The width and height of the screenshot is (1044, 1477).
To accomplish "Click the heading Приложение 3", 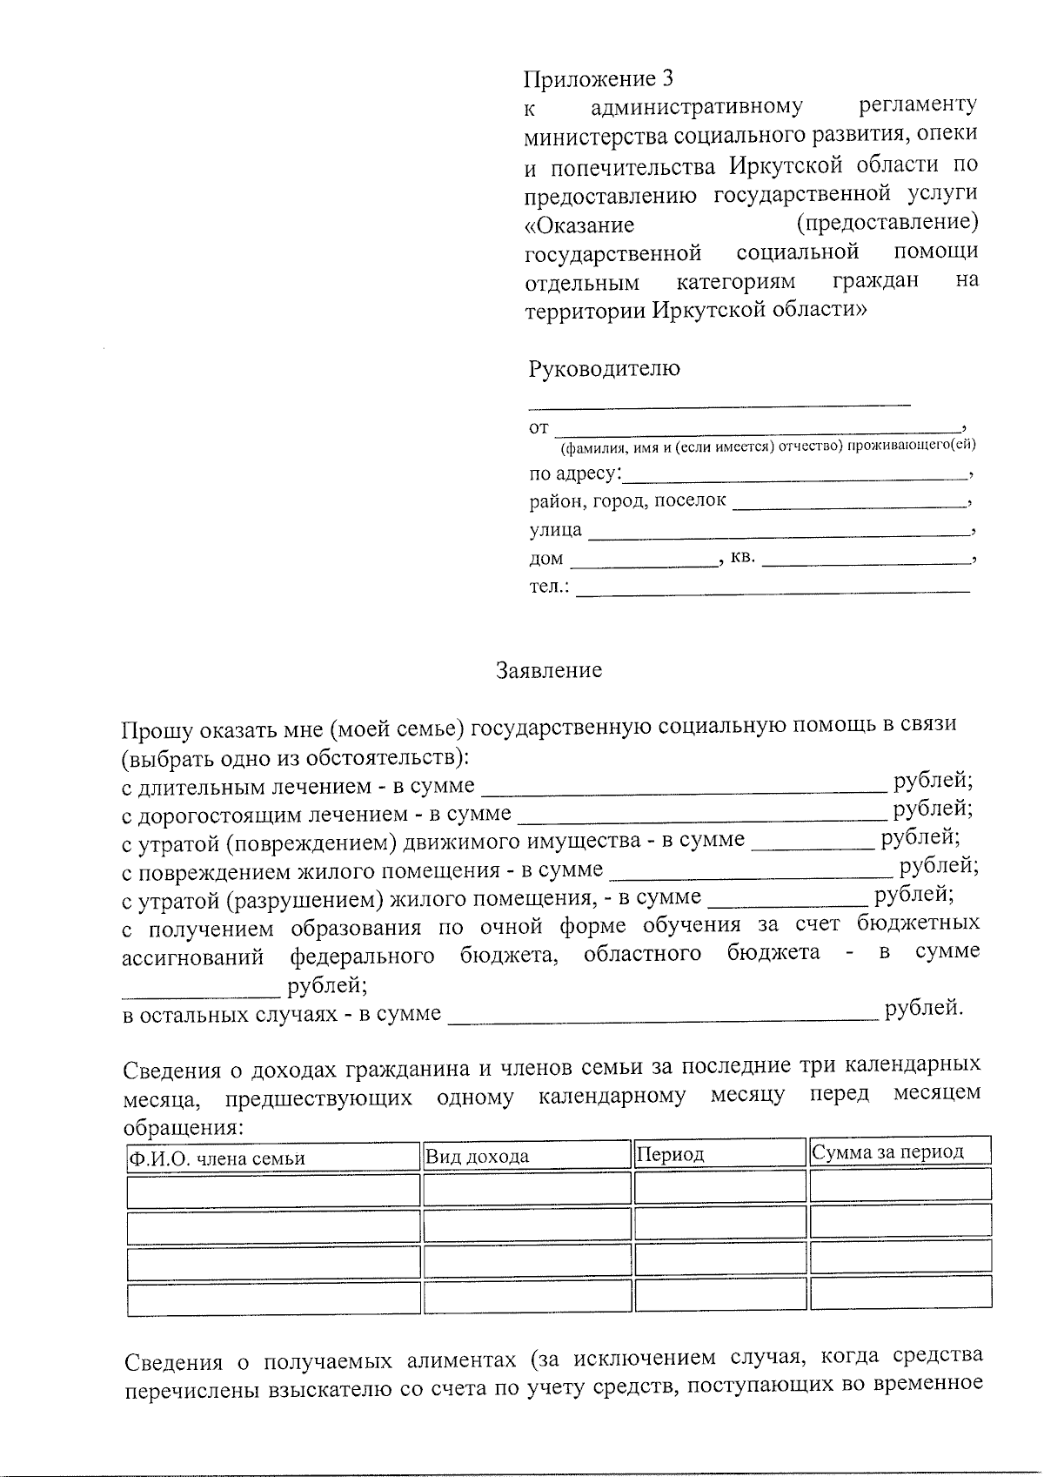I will pyautogui.click(x=598, y=79).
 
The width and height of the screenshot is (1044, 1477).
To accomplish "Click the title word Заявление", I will pyautogui.click(x=548, y=670).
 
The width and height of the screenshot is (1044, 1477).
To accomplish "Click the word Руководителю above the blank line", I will pyautogui.click(x=604, y=368).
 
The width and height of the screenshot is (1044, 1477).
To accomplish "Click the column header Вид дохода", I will pyautogui.click(x=477, y=1157).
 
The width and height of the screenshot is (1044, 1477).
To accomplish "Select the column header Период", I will pyautogui.click(x=670, y=1155).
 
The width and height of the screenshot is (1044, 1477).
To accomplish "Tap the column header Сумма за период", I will pyautogui.click(x=887, y=1152).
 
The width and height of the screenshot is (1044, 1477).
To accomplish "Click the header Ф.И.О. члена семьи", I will pyautogui.click(x=217, y=1158).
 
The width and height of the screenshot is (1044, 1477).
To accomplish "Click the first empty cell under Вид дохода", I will pyautogui.click(x=526, y=1189).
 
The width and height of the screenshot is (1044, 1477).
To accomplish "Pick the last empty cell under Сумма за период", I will pyautogui.click(x=900, y=1292).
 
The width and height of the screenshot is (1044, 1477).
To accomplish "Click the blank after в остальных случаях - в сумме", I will pyautogui.click(x=663, y=1014).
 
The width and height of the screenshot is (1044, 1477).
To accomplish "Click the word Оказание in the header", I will pyautogui.click(x=579, y=225).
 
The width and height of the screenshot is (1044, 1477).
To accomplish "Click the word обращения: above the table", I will pyautogui.click(x=183, y=1127).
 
